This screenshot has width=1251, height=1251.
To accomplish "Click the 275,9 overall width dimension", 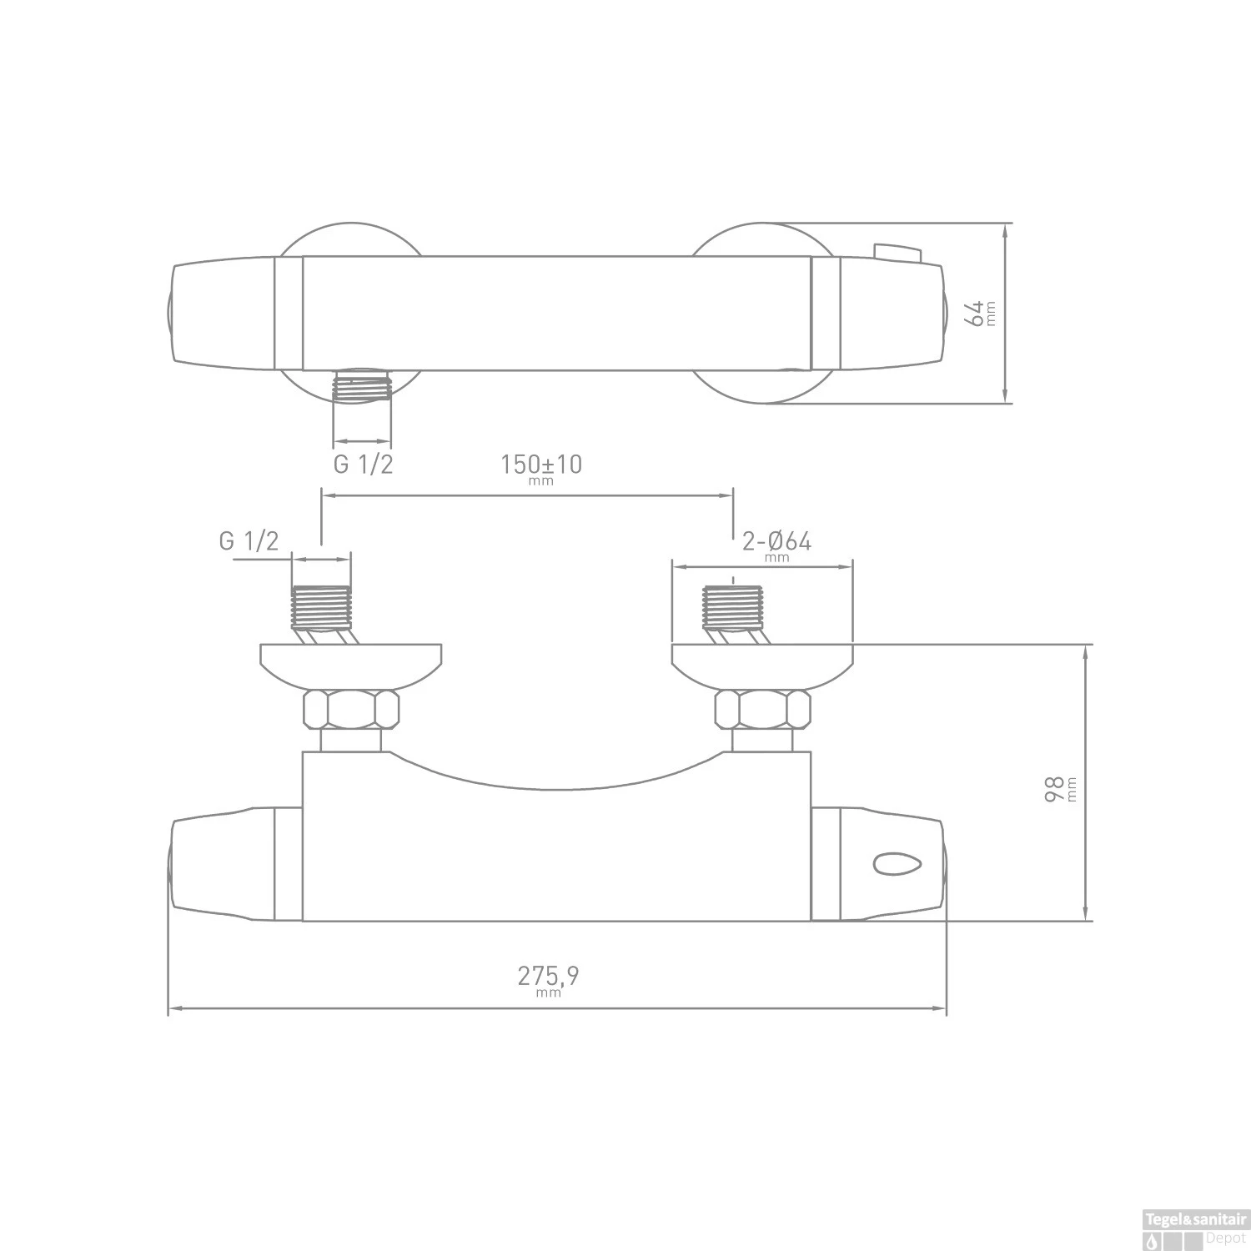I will click(548, 976).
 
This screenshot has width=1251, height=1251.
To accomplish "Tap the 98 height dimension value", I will click(1056, 788).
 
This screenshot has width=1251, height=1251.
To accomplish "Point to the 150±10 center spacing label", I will click(540, 465).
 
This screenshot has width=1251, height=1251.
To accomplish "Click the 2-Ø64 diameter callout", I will click(776, 542).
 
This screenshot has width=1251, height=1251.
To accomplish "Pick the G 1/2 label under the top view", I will click(363, 465).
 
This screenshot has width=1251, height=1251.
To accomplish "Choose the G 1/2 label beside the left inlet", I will click(249, 541).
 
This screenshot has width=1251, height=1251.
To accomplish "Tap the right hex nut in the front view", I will click(762, 710).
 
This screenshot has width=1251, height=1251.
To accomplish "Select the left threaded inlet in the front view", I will click(321, 607).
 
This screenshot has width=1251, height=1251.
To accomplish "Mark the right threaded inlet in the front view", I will click(733, 607).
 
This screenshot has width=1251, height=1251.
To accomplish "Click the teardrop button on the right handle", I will click(896, 864).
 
